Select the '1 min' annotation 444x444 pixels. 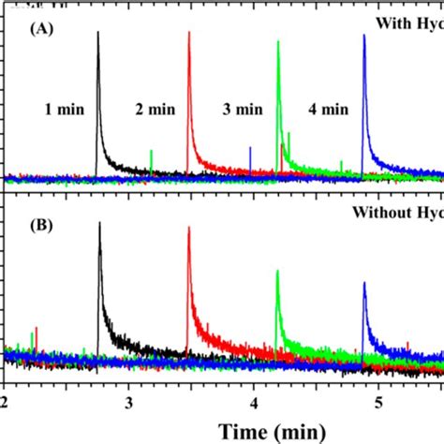[65, 109]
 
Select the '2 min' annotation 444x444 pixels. [154, 109]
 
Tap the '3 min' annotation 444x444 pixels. [242, 109]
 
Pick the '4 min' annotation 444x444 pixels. [328, 109]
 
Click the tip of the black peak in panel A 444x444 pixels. [97, 32]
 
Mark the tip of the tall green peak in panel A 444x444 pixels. [278, 41]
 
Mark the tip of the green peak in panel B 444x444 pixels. [277, 271]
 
